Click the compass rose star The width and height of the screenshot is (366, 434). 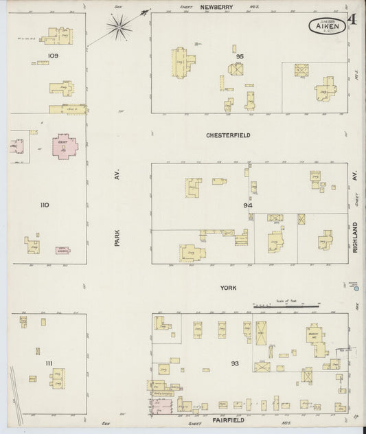[x=120, y=27]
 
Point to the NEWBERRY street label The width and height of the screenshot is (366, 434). [x=217, y=6]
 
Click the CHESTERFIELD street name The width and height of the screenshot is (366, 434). [x=228, y=135]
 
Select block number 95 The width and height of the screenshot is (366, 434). [x=239, y=56]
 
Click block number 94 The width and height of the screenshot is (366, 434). [x=247, y=205]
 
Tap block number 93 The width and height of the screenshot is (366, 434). [x=235, y=363]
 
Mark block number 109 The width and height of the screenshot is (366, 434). [x=53, y=55]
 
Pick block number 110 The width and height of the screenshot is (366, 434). [x=45, y=205]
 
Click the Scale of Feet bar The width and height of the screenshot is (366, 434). [x=286, y=303]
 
